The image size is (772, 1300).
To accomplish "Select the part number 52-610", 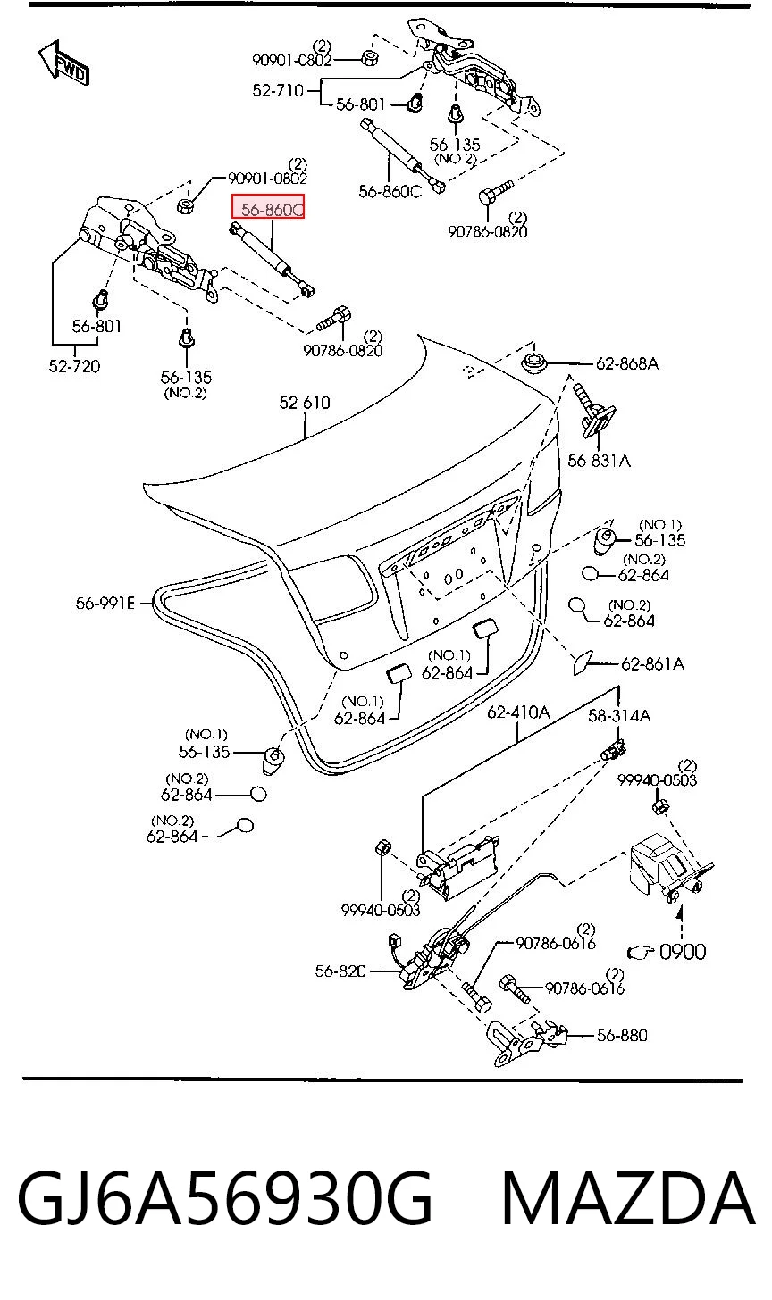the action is pyautogui.click(x=305, y=403).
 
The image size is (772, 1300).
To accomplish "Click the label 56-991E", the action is pyautogui.click(x=105, y=604).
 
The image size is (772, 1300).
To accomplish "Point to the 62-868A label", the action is pyautogui.click(x=627, y=364).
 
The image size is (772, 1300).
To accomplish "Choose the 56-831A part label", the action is pyautogui.click(x=599, y=461).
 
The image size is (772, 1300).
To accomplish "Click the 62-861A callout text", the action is pyautogui.click(x=652, y=663).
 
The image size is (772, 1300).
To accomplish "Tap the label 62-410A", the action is pyautogui.click(x=518, y=712).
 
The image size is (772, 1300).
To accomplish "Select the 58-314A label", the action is pyautogui.click(x=619, y=715).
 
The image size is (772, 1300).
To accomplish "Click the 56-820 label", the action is pyautogui.click(x=340, y=971).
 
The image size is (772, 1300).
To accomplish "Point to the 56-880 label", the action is pyautogui.click(x=622, y=1036).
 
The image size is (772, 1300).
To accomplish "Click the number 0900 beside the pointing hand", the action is pyautogui.click(x=683, y=952).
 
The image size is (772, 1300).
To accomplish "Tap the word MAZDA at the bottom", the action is pyautogui.click(x=628, y=1198).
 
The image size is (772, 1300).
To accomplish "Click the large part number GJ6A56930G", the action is pyautogui.click(x=225, y=1198).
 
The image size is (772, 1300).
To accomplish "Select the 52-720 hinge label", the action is pyautogui.click(x=74, y=366).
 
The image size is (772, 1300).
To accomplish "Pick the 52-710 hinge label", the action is pyautogui.click(x=278, y=90).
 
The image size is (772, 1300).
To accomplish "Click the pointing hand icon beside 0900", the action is pyautogui.click(x=642, y=953).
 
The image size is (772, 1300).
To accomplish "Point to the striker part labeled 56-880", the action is pyautogui.click(x=529, y=1039).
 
